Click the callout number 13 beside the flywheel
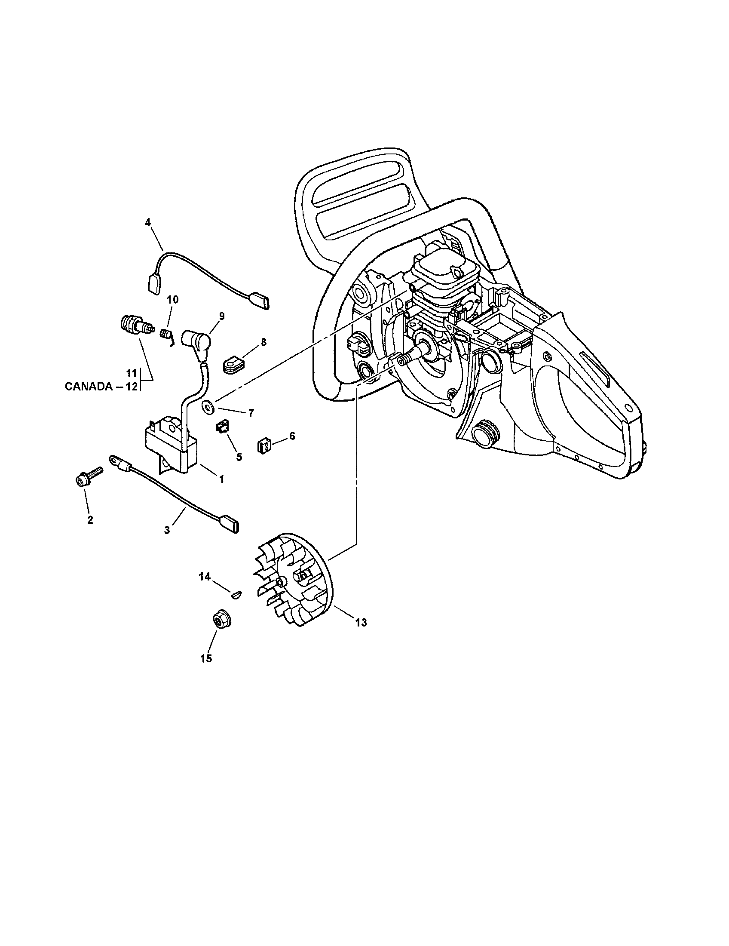(x=361, y=623)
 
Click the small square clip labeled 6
(x=264, y=445)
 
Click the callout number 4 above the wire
(x=147, y=222)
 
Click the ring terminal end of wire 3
(x=114, y=459)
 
